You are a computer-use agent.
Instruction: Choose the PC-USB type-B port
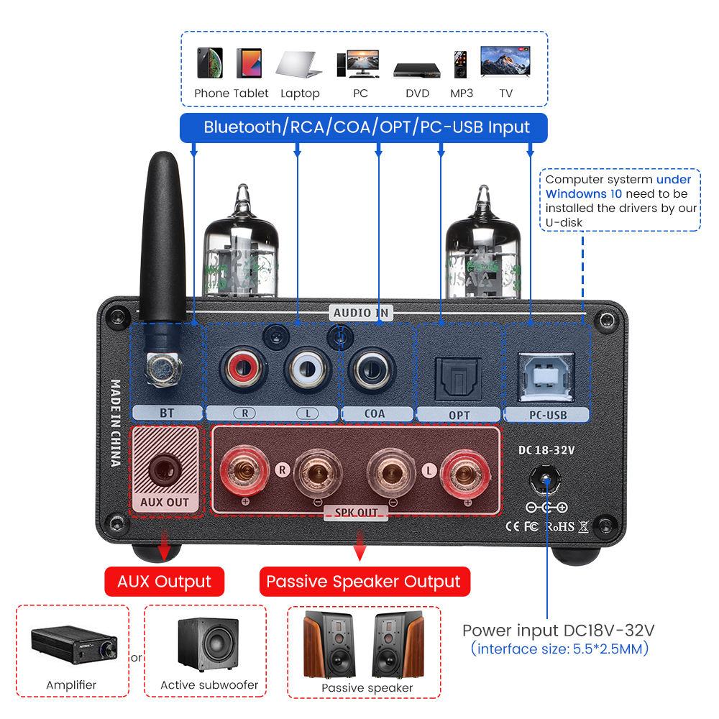pos(546,374)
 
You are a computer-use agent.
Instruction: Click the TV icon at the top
pos(506,63)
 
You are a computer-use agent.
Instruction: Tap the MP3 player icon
pos(460,65)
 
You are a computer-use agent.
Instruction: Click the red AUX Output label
pos(165,581)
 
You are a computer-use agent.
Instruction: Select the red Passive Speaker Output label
pos(364,581)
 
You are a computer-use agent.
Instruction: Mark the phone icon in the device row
pos(209,63)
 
